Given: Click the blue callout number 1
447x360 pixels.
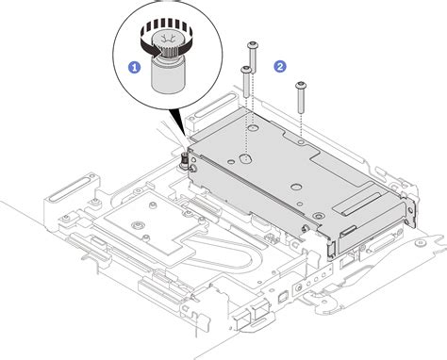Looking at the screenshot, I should pyautogui.click(x=135, y=68).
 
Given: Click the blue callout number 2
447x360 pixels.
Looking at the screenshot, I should pyautogui.click(x=279, y=66).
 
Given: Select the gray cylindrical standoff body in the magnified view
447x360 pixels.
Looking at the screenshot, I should pyautogui.click(x=171, y=75).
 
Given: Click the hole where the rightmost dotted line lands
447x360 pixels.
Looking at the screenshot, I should pyautogui.click(x=299, y=141).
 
